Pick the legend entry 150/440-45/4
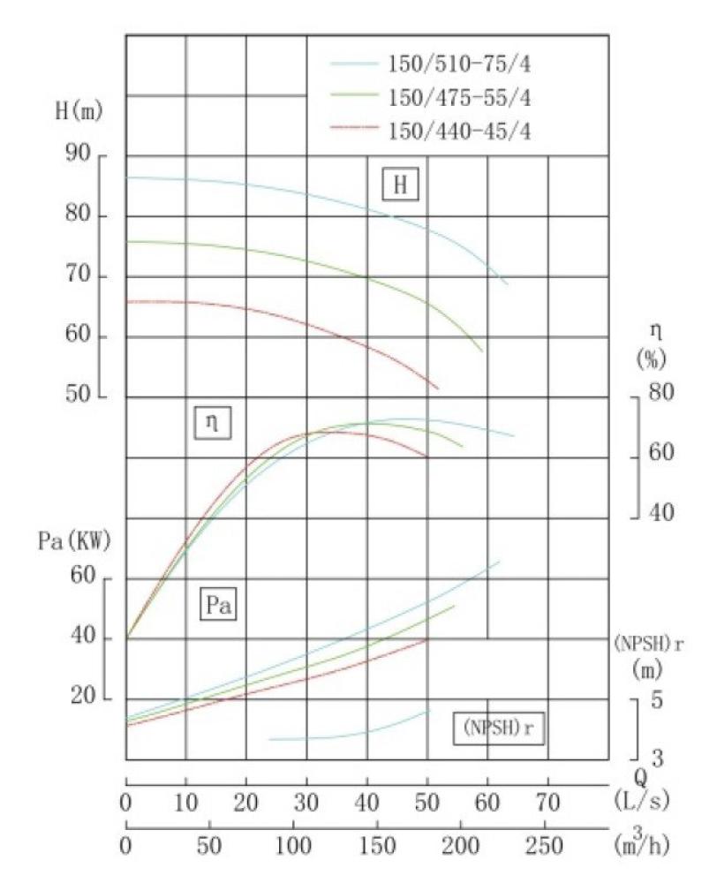coord(457,131)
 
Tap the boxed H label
coord(400,185)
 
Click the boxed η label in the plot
coord(212,424)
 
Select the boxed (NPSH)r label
coord(500,729)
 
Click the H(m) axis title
coord(79,112)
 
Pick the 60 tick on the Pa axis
coord(82,577)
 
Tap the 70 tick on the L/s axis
coord(548,802)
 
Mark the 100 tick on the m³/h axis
coord(293,845)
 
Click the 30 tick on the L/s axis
coord(306,802)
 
